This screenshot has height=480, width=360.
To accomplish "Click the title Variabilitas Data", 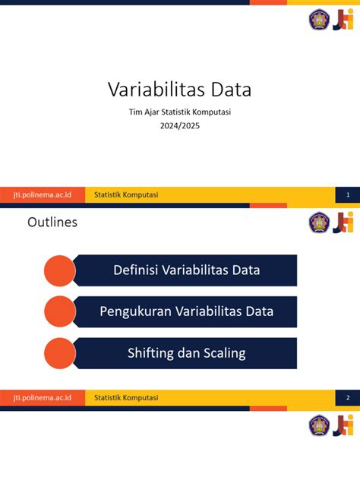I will tap(179, 91).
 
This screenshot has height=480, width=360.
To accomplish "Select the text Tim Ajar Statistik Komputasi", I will tap(179, 113).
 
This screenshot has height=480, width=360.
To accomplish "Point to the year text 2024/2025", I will tap(179, 126).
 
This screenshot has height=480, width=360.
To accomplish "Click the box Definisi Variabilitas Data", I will tap(187, 270).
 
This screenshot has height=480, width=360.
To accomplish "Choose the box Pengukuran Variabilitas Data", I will tap(187, 311).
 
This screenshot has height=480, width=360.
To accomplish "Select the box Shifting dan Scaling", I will tap(187, 353).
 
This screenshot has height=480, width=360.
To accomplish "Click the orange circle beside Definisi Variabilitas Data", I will tap(60, 270).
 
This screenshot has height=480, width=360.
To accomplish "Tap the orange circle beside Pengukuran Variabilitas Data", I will tap(60, 311).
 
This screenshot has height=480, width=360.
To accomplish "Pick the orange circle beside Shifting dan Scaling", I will tap(60, 353).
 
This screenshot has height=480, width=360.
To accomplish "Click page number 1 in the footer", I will tap(347, 195).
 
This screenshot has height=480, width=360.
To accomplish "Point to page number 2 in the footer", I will tap(347, 398).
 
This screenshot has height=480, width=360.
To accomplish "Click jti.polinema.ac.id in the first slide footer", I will tap(43, 195).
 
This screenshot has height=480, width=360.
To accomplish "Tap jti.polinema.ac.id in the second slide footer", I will tap(43, 398).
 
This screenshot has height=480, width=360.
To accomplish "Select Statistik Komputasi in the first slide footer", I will tap(126, 195).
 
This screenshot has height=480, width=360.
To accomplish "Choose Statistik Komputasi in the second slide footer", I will tap(126, 398).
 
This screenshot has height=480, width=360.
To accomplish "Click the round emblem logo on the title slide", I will tap(319, 20).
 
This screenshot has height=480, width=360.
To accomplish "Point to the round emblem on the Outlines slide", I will tap(319, 223).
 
